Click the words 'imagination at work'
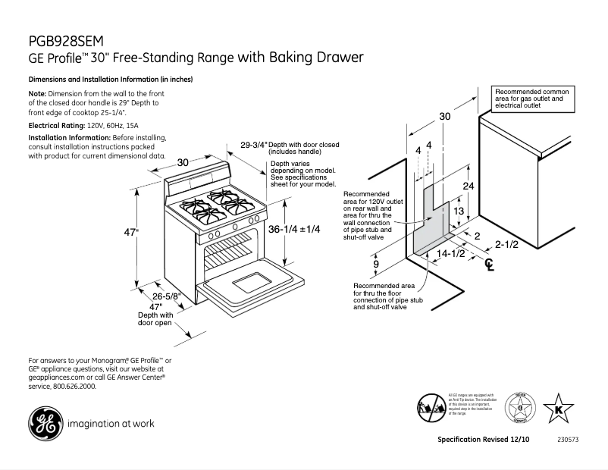111,424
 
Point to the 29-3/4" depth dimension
254,144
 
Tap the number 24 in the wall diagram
469,185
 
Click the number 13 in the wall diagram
459,211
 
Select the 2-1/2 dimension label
506,244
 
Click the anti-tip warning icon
430,408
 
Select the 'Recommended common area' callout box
533,99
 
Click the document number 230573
568,440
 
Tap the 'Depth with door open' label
155,318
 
